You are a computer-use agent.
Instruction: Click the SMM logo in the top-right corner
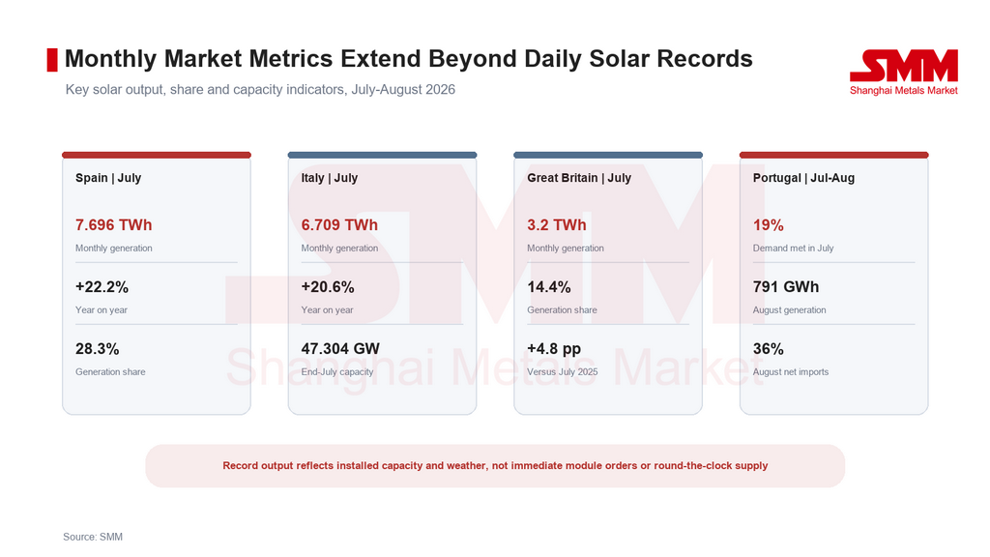[x=904, y=72]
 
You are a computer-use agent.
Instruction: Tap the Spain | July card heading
[x=108, y=178]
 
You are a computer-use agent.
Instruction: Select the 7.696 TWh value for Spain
[x=114, y=224]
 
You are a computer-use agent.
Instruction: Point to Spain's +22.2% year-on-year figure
[x=102, y=287]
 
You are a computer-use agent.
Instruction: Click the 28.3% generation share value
[x=98, y=349]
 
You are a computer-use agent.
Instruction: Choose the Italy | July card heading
[x=330, y=178]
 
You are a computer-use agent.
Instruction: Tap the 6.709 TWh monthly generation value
[x=339, y=224]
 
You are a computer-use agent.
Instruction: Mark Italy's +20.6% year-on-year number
[x=328, y=287]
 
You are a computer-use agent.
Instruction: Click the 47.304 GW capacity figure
[x=340, y=349]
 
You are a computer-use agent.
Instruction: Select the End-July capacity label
[x=337, y=372]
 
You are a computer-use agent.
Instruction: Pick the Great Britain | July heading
[x=579, y=178]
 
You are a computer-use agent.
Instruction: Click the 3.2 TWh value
[x=557, y=224]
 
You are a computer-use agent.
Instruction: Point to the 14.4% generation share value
[x=549, y=287]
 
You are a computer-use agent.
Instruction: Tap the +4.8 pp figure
[x=554, y=349]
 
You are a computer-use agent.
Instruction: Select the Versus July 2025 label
[x=563, y=372]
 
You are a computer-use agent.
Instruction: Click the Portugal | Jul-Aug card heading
[x=803, y=178]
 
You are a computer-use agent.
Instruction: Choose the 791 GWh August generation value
[x=786, y=287]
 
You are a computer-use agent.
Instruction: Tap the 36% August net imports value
[x=769, y=349]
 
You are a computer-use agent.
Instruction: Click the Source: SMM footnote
[x=93, y=537]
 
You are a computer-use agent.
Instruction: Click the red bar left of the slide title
[x=52, y=60]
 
